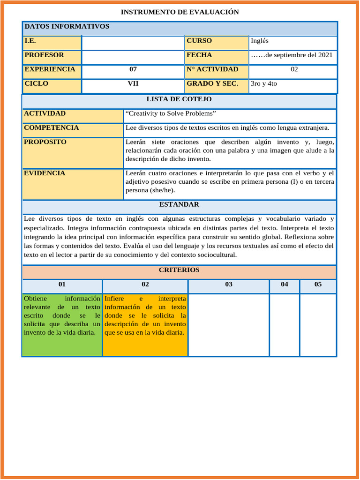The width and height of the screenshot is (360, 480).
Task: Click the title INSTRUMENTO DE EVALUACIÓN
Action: point(180,12)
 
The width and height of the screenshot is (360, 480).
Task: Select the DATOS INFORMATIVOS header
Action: point(67,27)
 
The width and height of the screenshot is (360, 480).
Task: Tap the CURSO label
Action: point(199,41)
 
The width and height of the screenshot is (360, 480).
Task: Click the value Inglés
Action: point(260,41)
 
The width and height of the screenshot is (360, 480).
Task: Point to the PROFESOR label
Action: point(44,55)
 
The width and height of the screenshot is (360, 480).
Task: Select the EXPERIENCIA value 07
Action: point(133,69)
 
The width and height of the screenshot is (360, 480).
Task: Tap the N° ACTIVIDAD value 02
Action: point(294,69)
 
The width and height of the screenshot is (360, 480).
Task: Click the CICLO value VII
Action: point(133,84)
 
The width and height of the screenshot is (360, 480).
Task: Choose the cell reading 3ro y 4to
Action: point(264,84)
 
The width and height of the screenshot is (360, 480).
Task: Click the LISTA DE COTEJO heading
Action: point(179,99)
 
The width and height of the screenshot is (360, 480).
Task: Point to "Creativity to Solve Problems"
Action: point(171,113)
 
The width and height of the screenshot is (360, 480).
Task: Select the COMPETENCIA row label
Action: point(51,128)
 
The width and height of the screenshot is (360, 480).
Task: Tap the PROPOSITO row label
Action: point(45,142)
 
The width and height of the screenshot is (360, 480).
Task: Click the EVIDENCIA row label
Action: point(45,173)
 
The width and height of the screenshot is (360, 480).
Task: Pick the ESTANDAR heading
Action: point(179,204)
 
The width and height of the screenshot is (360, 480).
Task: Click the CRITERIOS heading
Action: point(179,270)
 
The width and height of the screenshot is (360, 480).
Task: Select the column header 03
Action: point(229,285)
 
